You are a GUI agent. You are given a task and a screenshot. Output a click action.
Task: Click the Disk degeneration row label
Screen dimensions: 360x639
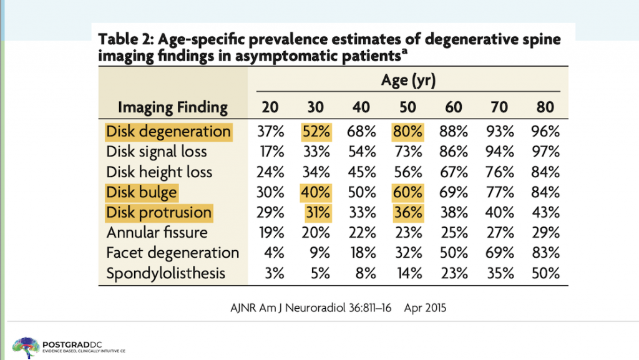click(x=168, y=132)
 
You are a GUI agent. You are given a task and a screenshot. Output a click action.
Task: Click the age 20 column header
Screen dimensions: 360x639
click(x=270, y=107)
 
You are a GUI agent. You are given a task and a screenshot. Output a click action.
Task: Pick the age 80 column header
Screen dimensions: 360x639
click(x=545, y=107)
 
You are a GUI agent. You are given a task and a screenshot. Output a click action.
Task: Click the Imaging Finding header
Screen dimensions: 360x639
click(x=172, y=107)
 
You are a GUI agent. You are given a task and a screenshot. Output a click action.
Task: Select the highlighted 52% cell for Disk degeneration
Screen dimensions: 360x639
click(x=316, y=132)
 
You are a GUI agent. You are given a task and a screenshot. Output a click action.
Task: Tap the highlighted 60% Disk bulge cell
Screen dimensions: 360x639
click(x=407, y=192)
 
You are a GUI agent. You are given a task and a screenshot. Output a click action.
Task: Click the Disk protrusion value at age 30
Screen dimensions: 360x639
click(x=316, y=213)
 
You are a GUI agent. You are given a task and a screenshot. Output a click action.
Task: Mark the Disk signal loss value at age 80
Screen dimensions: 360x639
click(x=545, y=152)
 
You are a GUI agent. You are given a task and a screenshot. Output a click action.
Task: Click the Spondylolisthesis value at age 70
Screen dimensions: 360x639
click(x=499, y=273)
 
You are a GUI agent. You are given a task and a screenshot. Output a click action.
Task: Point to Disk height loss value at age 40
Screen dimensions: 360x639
click(x=361, y=172)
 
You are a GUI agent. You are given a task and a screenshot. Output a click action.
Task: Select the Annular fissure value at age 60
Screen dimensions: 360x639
click(x=454, y=233)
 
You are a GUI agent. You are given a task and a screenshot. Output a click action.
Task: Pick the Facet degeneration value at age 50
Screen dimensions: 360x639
click(x=407, y=253)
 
